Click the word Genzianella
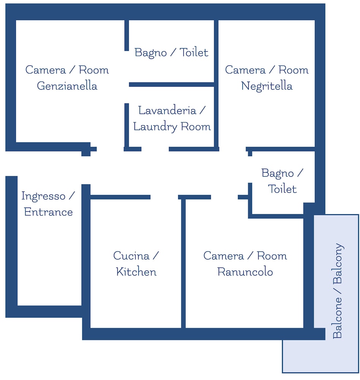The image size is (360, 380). (67, 86)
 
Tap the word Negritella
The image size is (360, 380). (267, 86)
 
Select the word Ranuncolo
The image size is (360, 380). (245, 272)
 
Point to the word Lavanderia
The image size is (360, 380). (167, 111)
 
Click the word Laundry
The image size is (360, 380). (155, 127)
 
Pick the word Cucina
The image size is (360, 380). (131, 256)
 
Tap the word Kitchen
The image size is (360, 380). (136, 272)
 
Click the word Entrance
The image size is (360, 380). (49, 212)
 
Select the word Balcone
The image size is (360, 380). (337, 318)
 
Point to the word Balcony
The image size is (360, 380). (338, 263)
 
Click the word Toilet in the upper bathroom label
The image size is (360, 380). (194, 52)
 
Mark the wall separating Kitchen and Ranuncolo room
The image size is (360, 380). (183, 263)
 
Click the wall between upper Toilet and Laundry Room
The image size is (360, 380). (172, 85)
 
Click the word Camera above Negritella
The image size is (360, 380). (245, 70)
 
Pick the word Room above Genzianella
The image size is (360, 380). (94, 70)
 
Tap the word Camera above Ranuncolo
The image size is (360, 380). (223, 256)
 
